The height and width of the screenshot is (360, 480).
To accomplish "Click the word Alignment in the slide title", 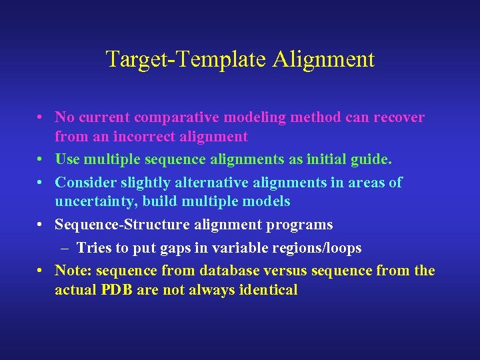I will click(323, 60).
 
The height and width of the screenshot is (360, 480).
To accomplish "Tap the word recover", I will click(399, 117).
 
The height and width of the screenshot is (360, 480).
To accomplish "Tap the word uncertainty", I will click(93, 201).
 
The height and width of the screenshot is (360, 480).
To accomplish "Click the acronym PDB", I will click(117, 290).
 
